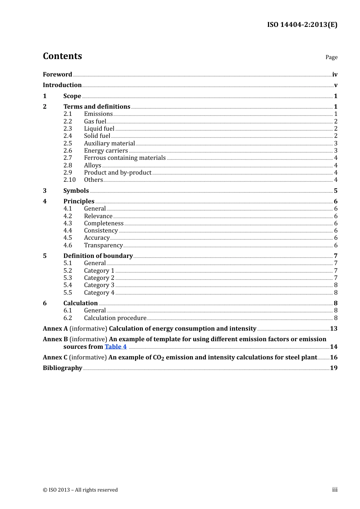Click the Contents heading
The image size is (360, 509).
pos(62,56)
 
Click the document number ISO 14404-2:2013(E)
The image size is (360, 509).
pos(302,25)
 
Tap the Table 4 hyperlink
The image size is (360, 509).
pos(116,347)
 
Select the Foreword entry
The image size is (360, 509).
pos(57,75)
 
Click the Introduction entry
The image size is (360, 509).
pos(62,85)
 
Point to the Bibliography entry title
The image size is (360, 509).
pos(63,368)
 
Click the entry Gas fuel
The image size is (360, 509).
pos(95,122)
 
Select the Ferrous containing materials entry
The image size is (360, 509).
pos(125,158)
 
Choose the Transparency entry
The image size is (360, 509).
pos(103,245)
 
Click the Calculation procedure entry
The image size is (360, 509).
pos(115,318)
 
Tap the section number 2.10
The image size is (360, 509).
pos(69,180)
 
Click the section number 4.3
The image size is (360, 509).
pos(67,223)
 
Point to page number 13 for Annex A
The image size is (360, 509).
pos(333,329)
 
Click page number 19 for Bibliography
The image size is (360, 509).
pos(333,368)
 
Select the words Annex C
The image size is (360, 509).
pos(55,358)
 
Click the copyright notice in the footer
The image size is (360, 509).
pos(80,490)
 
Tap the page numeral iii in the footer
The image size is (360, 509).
pos(335,490)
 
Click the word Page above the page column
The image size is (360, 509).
pos(331,57)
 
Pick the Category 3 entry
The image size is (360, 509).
pos(99,285)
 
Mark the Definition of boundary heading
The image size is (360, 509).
pos(98,256)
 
